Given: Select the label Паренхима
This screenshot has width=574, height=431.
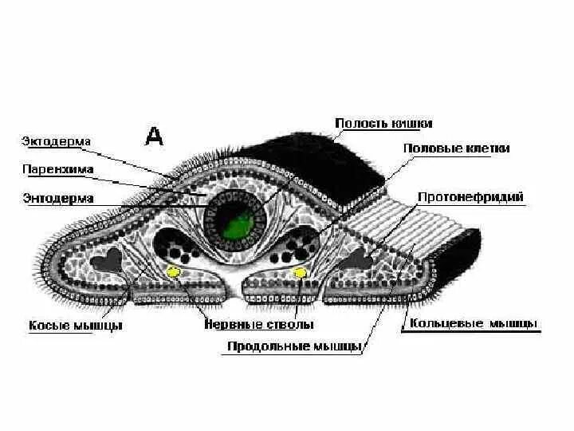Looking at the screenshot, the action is (x=57, y=169).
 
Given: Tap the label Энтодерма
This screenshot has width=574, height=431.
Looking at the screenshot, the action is (x=57, y=197).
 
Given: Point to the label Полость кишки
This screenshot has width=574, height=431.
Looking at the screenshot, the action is (x=383, y=124).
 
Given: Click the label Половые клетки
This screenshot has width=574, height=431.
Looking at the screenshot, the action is (x=457, y=148).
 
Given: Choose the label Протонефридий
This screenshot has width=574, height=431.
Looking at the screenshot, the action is (x=470, y=196).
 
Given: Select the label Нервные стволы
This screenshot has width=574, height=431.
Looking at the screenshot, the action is (x=258, y=325).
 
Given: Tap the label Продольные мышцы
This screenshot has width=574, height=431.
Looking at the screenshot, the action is (x=295, y=346).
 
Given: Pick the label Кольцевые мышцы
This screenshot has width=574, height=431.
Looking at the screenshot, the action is (x=473, y=324).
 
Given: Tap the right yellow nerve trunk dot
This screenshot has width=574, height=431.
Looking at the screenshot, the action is (x=300, y=274).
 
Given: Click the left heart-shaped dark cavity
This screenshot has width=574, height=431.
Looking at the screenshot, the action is (x=109, y=259).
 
